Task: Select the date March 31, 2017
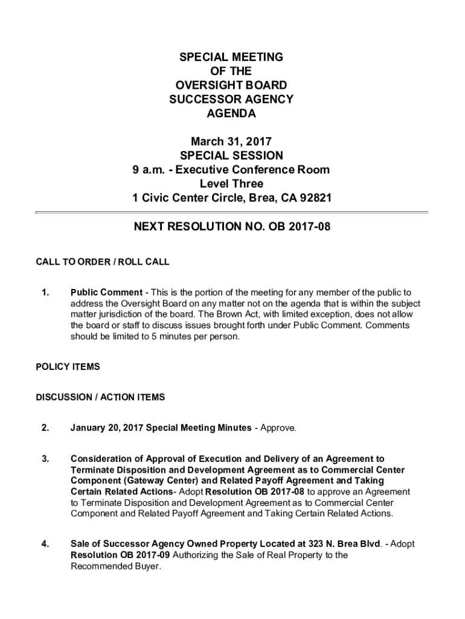coord(231,141)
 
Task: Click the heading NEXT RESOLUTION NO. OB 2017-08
coord(232,227)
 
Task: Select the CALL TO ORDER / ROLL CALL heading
coord(103,262)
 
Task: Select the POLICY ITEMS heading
coord(68,367)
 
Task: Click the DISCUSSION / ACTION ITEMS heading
coord(100,397)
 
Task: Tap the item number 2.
coord(45,428)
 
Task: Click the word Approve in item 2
coord(278,428)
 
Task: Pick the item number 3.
coord(45,459)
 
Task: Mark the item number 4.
coord(45,544)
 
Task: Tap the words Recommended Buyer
coord(116,566)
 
